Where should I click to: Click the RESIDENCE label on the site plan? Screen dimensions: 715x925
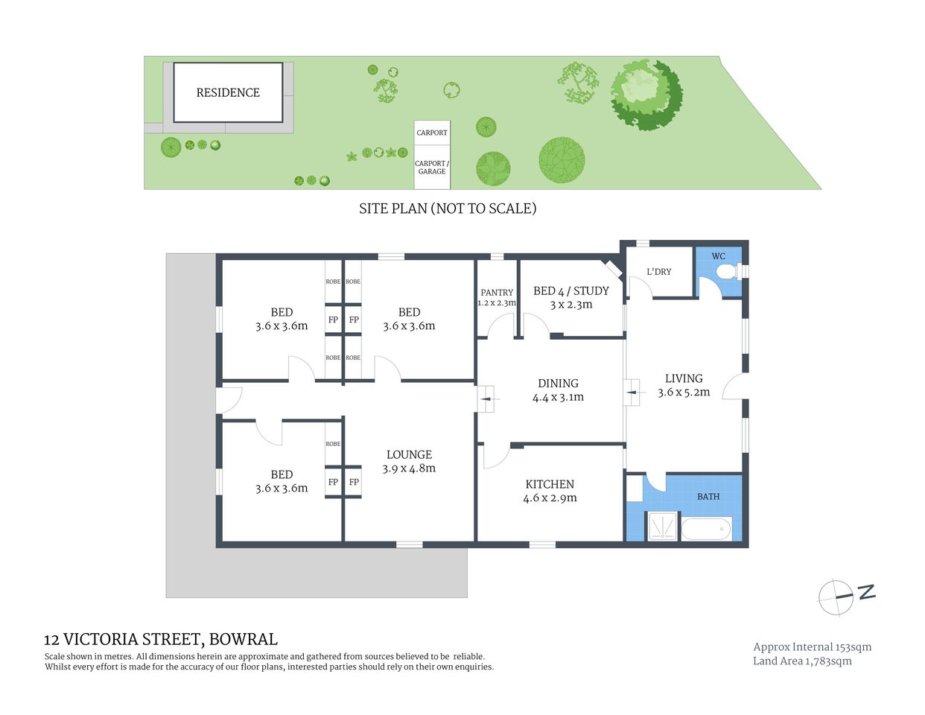pyautogui.click(x=228, y=92)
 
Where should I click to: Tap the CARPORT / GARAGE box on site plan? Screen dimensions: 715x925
pyautogui.click(x=432, y=168)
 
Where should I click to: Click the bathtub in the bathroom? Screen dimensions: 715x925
pyautogui.click(x=707, y=530)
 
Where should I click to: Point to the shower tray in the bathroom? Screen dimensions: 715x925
pyautogui.click(x=661, y=527)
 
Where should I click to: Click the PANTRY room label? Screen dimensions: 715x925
pyautogui.click(x=497, y=293)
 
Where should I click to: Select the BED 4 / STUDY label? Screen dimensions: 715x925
pyautogui.click(x=571, y=291)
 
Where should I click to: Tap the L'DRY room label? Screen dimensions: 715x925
pyautogui.click(x=658, y=272)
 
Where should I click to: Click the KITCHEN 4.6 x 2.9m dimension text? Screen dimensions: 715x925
pyautogui.click(x=550, y=498)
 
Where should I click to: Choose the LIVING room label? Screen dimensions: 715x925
pyautogui.click(x=684, y=378)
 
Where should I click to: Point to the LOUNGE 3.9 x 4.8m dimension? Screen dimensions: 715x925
pyautogui.click(x=409, y=468)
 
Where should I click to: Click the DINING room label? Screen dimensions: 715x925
pyautogui.click(x=558, y=384)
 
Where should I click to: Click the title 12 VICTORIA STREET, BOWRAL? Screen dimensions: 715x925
pyautogui.click(x=161, y=639)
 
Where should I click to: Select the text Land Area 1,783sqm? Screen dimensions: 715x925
pyautogui.click(x=802, y=661)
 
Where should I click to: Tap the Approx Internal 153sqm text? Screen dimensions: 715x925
pyautogui.click(x=812, y=647)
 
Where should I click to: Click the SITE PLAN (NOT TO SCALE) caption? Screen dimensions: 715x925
pyautogui.click(x=448, y=209)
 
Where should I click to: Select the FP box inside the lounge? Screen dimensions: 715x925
pyautogui.click(x=354, y=482)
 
